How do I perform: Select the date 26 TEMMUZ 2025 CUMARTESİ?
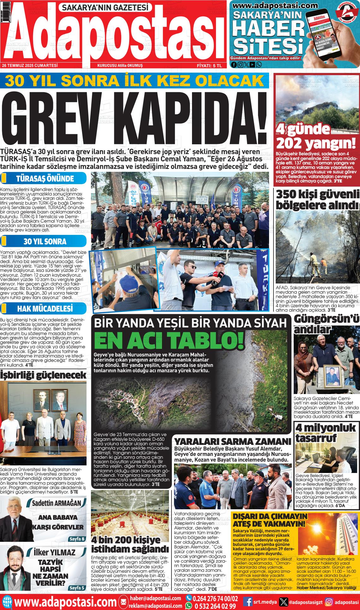[30, 65]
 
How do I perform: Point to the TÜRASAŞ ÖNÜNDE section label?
[45, 179]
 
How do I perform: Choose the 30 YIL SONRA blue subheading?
[45, 242]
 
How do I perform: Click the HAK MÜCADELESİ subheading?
[45, 308]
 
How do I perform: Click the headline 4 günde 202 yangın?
[315, 136]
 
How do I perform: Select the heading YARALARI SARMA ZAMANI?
[232, 441]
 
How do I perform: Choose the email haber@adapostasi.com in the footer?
[155, 598]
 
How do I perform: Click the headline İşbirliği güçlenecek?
[43, 375]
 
